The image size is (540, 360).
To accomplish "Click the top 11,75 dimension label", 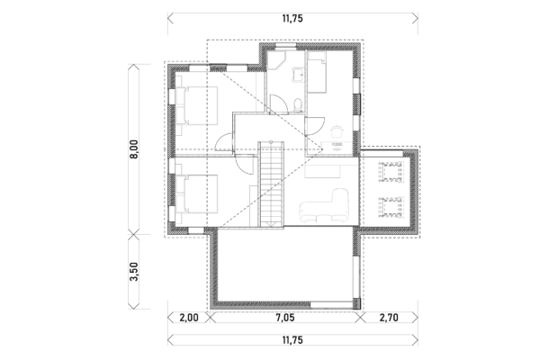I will point(290,15).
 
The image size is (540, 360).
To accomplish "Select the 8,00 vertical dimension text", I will point(133,149).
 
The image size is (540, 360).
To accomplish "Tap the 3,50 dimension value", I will point(133,273).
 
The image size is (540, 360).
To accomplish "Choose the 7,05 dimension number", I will point(289,317).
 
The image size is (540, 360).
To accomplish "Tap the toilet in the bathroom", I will point(295,107).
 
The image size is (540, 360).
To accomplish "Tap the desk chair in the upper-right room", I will point(336,131).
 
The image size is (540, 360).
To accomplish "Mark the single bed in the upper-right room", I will point(319,73).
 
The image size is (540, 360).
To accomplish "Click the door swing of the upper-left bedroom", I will point(224,139).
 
